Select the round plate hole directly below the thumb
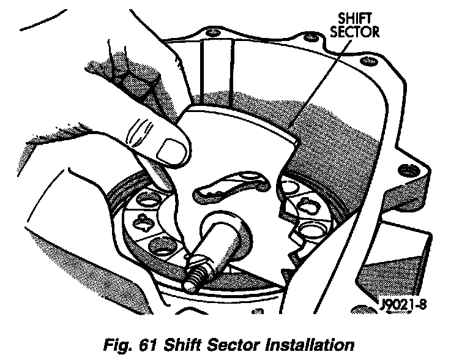149,200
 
